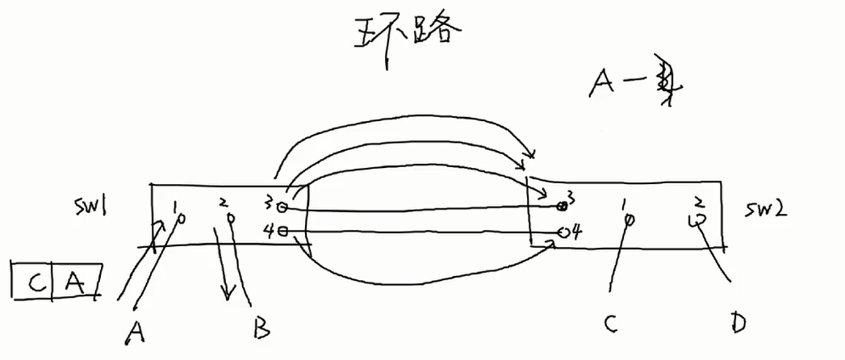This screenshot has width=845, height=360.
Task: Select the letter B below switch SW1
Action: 260,326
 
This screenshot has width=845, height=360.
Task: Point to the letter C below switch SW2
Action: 612,324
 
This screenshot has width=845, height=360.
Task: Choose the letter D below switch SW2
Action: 735,323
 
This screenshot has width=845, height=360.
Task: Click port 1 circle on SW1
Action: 181,216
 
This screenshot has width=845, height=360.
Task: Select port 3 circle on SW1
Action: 282,207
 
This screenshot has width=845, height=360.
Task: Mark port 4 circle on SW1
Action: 282,231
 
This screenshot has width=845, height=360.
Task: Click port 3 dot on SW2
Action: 559,206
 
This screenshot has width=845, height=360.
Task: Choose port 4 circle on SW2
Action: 564,232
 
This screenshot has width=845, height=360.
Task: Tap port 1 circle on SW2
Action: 629,219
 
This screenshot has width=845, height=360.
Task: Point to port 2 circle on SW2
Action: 695,218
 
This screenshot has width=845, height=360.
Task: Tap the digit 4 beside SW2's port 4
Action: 577,232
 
